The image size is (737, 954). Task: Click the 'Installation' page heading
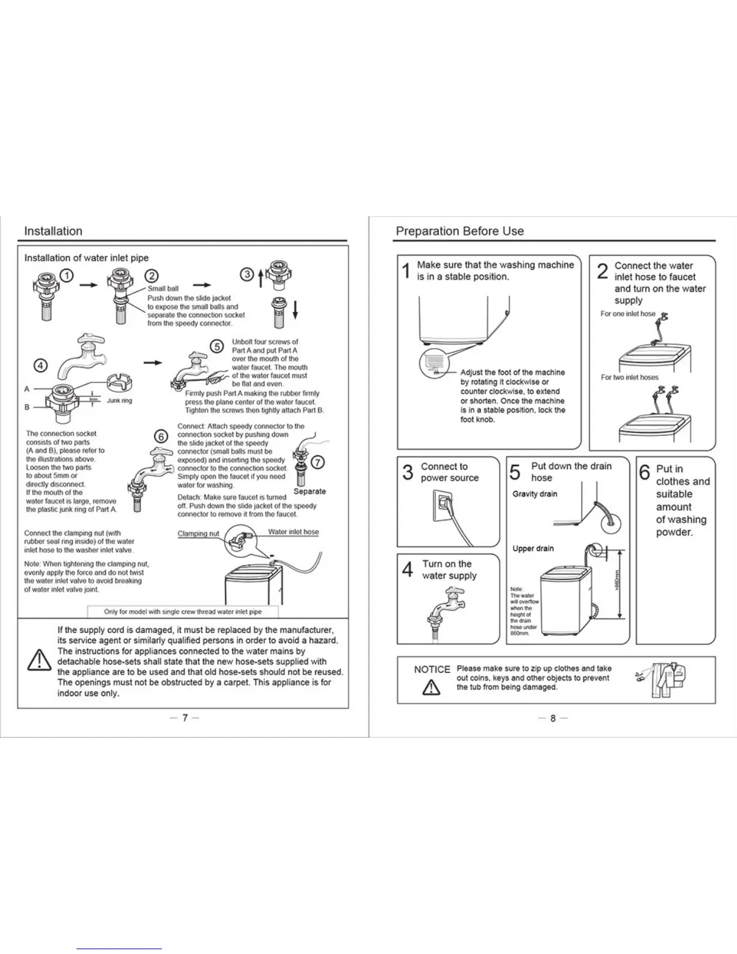click(53, 231)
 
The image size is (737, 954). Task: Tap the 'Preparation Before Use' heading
click(459, 231)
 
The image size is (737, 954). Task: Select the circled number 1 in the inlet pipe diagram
click(67, 276)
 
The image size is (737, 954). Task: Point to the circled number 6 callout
click(161, 437)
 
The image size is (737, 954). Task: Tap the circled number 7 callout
click(317, 463)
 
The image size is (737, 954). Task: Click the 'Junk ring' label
click(119, 401)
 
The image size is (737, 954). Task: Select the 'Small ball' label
click(163, 288)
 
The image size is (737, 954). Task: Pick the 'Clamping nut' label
click(198, 534)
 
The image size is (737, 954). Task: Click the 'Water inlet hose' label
click(293, 532)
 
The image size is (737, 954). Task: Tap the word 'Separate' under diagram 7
click(309, 491)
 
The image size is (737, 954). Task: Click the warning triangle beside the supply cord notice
click(39, 660)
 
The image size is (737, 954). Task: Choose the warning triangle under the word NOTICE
click(431, 687)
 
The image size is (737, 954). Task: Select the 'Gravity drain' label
click(535, 494)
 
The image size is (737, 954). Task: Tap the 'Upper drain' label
click(533, 549)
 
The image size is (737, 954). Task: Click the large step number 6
click(645, 473)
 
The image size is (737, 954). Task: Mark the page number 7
click(185, 718)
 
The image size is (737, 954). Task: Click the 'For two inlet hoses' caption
click(629, 378)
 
